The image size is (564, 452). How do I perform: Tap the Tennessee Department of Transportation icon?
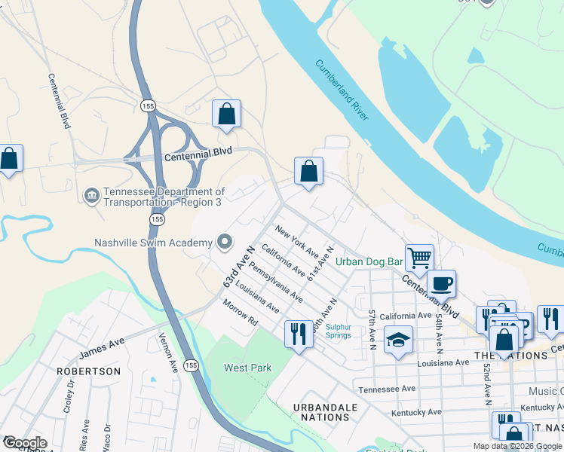[x=91, y=196]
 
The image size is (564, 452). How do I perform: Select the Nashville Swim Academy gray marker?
[x=224, y=242]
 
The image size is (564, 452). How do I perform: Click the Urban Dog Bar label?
[x=369, y=262]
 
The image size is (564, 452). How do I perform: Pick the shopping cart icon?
[x=419, y=257]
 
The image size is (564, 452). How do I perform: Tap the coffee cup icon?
[x=441, y=282]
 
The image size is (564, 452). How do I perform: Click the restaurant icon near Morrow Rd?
[x=299, y=332]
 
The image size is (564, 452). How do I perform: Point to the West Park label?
[x=247, y=368]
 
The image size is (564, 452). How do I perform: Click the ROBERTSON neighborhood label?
[x=88, y=371]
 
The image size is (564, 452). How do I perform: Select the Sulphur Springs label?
[x=339, y=331]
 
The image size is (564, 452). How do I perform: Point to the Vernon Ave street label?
[x=167, y=353]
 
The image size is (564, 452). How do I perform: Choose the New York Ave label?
[x=296, y=238]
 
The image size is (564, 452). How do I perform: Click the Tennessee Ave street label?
[x=387, y=389]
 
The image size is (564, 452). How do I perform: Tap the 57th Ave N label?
[x=372, y=328]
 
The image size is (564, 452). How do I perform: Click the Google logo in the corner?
[x=24, y=443]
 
